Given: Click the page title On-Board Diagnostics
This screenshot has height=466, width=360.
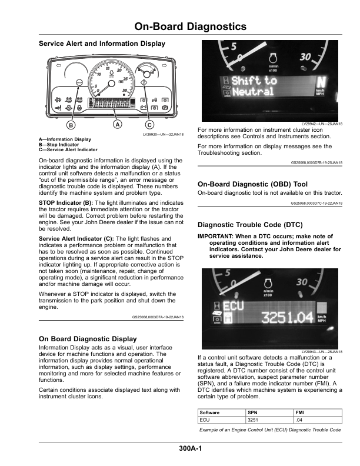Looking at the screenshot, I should coord(189,27).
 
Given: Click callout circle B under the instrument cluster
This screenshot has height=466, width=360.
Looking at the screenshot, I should coord(71,125).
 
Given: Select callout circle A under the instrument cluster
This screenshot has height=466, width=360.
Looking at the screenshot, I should coord(117,125).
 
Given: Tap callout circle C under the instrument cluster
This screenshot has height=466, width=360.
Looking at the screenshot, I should coord(149,125).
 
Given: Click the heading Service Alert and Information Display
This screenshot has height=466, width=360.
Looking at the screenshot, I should coord(102,44).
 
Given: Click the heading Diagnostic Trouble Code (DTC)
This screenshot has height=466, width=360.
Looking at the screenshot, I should coord(250,225).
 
